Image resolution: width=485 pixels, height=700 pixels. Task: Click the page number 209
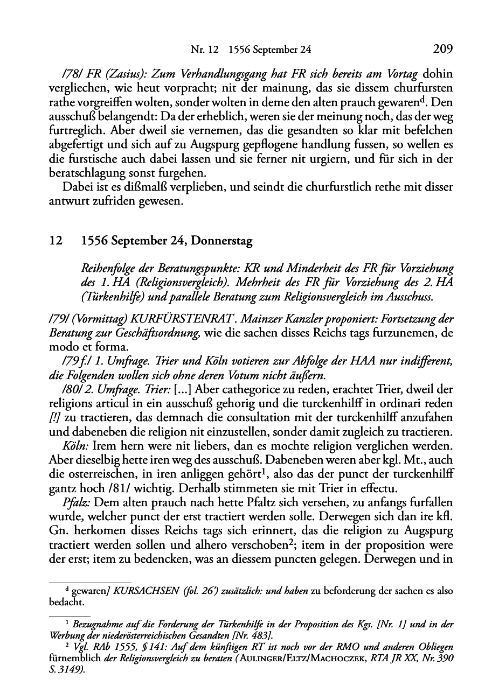tap(442, 50)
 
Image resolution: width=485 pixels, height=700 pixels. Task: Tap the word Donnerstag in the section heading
tap(221, 241)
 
